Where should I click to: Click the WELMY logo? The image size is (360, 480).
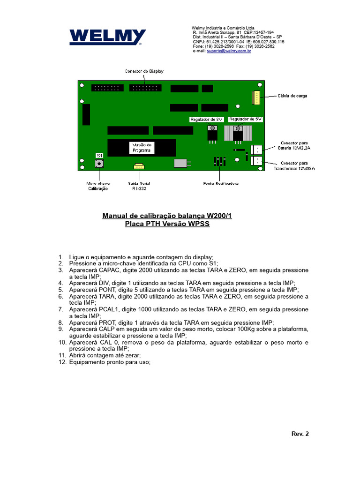pos(107,37)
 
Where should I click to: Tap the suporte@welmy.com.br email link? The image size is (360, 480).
pos(229,51)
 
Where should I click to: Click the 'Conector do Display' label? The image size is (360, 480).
pos(144,71)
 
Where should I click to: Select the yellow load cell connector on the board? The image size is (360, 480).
pos(256,97)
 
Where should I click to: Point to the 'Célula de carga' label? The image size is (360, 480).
pos(292,96)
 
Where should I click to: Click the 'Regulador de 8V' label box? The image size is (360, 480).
pos(207,120)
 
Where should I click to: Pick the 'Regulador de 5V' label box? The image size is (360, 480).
pos(246,119)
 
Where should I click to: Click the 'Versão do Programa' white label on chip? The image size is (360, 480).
pos(142,148)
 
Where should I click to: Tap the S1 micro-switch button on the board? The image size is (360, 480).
pos(99,164)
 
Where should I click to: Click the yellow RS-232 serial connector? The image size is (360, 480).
pos(139,166)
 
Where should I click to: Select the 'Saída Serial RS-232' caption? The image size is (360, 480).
pos(139,186)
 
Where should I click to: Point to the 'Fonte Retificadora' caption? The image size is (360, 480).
pos(221,183)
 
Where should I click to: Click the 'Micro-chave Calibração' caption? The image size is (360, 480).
pos(98,186)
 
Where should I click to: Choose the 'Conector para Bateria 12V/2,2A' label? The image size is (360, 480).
pos(294,145)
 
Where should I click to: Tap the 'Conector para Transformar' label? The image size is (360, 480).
pos(294,166)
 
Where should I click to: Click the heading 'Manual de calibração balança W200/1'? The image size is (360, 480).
pos(167,216)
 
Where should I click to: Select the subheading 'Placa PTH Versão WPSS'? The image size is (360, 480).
pos(167,224)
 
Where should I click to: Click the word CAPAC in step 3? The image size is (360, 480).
pos(109,270)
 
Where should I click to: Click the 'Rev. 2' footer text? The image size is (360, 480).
pos(300,434)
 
